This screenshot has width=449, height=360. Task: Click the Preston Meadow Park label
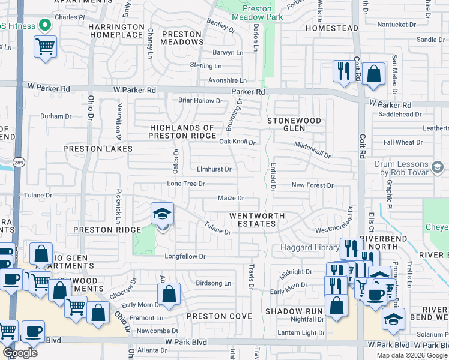[257, 13]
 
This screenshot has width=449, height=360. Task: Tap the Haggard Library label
[309, 248]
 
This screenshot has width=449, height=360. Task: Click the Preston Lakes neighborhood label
[98, 148]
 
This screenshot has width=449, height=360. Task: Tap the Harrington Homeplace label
[116, 31]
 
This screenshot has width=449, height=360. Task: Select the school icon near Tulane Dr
[162, 214]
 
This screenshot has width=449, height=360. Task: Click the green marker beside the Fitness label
[44, 25]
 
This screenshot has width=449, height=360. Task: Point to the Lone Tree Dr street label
[186, 184]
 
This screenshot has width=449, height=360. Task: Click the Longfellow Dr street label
[185, 257]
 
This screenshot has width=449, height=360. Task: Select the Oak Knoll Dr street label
[237, 142]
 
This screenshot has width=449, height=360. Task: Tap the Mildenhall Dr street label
[312, 150]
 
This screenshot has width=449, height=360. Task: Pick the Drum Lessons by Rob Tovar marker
[437, 166]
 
